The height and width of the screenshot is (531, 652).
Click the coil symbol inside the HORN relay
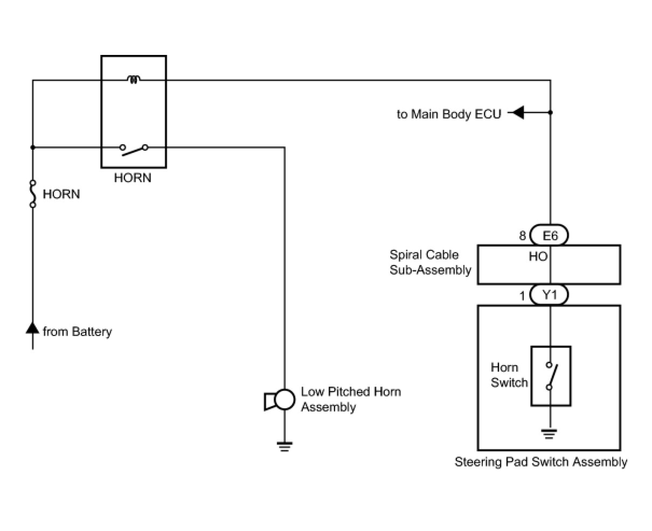pyautogui.click(x=134, y=80)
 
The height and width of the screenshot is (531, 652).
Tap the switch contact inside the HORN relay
pyautogui.click(x=134, y=149)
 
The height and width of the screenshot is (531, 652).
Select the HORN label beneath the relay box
pyautogui.click(x=133, y=178)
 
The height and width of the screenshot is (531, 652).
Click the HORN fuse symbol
pyautogui.click(x=33, y=194)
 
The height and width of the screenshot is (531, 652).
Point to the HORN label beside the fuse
pyautogui.click(x=61, y=194)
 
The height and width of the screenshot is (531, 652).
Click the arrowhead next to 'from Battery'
pyautogui.click(x=33, y=328)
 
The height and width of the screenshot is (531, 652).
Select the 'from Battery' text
pyautogui.click(x=77, y=332)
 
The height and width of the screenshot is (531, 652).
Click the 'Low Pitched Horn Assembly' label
pyautogui.click(x=350, y=399)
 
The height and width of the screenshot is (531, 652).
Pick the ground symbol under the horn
pyautogui.click(x=285, y=446)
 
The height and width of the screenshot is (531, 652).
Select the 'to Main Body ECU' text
pyautogui.click(x=449, y=114)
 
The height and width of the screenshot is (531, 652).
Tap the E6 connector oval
pyautogui.click(x=549, y=235)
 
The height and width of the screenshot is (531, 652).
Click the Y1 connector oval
pyautogui.click(x=549, y=295)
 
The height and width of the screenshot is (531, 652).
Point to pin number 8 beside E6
pyautogui.click(x=522, y=236)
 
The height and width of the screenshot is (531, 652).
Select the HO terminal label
pyautogui.click(x=538, y=257)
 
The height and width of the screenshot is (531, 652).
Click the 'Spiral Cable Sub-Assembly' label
pyautogui.click(x=430, y=262)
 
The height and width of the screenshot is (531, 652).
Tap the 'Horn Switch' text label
pyautogui.click(x=508, y=375)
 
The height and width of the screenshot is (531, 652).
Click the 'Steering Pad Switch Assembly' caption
pyautogui.click(x=540, y=462)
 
